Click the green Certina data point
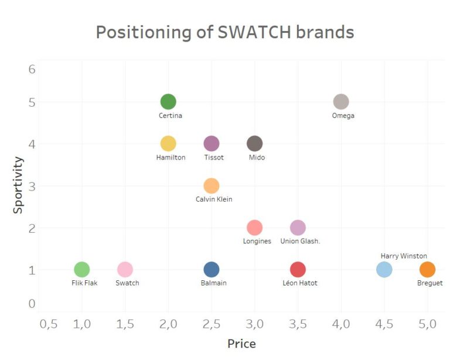tap(168, 101)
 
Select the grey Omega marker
tap(341, 101)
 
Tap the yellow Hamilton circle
tap(168, 144)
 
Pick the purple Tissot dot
tap(212, 144)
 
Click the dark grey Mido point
tap(254, 144)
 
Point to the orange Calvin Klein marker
tap(212, 186)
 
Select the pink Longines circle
tap(254, 227)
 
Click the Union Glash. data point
tap(298, 227)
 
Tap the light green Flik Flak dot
tap(82, 270)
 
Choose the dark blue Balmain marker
tap(212, 270)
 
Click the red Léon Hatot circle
tap(298, 270)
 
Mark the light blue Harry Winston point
tap(384, 270)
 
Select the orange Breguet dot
tap(427, 270)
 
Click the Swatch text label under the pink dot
tap(127, 283)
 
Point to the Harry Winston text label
tap(404, 256)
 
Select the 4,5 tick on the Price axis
tap(384, 324)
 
